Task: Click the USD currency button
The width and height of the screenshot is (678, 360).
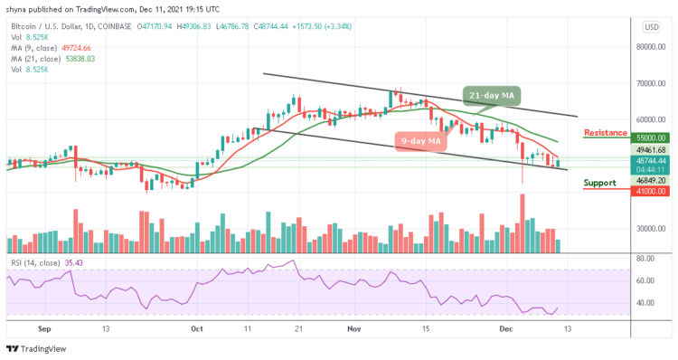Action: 650,27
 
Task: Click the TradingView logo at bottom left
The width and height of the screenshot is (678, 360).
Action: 40,348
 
